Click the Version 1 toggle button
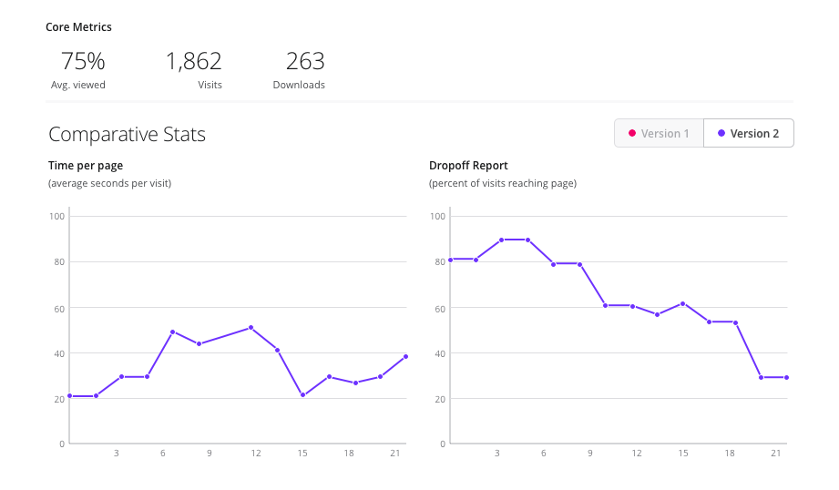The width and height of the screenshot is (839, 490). [x=659, y=133]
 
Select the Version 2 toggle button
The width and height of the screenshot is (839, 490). [x=748, y=133]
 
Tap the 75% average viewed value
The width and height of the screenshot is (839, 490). [x=83, y=62]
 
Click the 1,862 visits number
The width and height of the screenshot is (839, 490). [x=193, y=62]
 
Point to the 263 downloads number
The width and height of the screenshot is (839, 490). [x=305, y=62]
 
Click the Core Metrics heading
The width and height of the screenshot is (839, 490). [x=78, y=27]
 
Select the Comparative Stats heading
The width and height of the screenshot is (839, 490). [x=127, y=135]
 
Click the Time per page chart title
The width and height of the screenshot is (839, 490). [x=86, y=166]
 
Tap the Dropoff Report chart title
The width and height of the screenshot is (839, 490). [x=468, y=166]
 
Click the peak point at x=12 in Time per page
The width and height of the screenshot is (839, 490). [x=251, y=328]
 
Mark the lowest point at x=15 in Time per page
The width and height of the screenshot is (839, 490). [x=302, y=395]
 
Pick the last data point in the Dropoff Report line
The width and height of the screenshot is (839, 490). [x=786, y=377]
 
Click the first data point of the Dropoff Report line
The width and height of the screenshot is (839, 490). [x=450, y=260]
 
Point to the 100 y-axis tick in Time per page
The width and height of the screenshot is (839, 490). [x=56, y=217]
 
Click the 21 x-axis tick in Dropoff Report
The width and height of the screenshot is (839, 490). [x=775, y=454]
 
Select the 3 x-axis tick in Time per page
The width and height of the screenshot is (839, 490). [x=116, y=454]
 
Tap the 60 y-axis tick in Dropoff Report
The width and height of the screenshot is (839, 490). [x=437, y=308]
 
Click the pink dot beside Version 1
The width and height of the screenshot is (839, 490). [x=631, y=133]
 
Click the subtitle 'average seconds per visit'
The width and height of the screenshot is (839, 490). [x=109, y=183]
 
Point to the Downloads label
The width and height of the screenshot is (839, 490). [x=299, y=85]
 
